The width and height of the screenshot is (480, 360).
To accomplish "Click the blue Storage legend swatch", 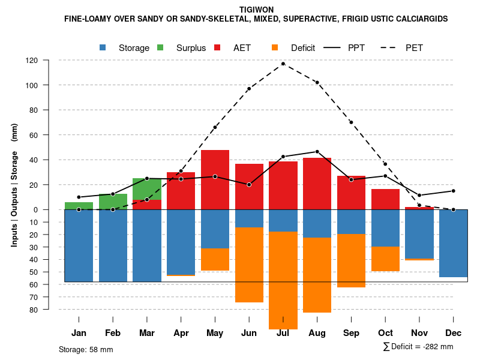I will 103,48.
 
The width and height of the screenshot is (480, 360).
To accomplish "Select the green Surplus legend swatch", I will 161,48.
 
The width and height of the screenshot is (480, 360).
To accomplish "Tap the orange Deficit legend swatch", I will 275,48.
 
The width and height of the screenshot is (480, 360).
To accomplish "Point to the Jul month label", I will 283,333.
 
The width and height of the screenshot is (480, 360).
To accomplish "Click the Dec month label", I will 454,333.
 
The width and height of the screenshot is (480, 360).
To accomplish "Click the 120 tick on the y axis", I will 49,61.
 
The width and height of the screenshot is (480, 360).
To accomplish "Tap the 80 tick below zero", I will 49,310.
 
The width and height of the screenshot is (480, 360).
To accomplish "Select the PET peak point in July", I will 283,64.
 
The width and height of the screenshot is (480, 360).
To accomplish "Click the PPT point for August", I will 317,152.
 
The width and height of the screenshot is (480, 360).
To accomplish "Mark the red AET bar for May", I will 215,179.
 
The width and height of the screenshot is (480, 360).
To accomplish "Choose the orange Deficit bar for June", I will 249,265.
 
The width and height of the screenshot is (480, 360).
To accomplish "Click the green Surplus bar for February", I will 113,202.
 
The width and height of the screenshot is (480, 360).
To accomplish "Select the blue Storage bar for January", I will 79,245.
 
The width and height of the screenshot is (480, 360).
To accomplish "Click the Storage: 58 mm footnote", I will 86,349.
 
